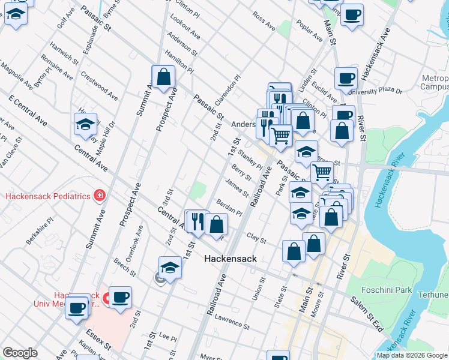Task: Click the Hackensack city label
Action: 231,259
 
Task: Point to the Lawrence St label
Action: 232,322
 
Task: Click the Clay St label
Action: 256,238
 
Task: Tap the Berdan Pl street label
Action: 229,208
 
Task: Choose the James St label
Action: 237,188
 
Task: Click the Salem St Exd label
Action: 367,314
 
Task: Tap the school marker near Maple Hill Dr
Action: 86,124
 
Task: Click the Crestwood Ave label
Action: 99,87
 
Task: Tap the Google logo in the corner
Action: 20,353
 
